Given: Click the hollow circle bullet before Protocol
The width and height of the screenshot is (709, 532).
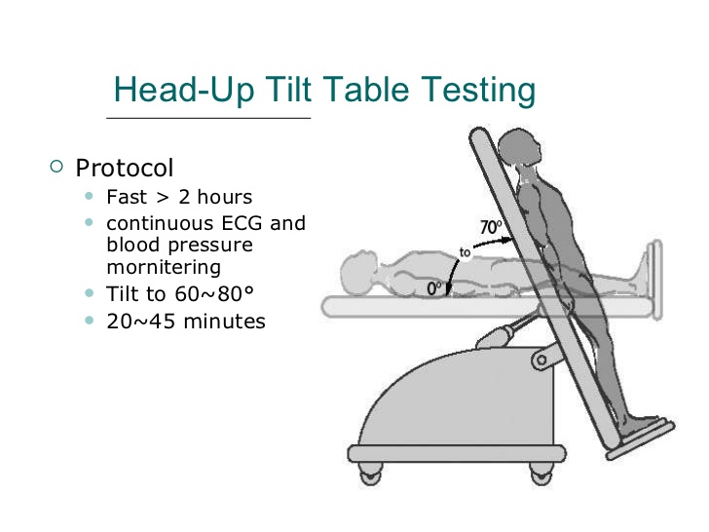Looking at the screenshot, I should [x=57, y=167].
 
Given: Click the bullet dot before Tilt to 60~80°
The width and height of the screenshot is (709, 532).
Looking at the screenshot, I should [x=91, y=293].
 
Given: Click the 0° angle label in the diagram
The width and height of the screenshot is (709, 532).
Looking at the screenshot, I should [x=433, y=287].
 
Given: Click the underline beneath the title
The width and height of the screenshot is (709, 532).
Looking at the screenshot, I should [x=206, y=118].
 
